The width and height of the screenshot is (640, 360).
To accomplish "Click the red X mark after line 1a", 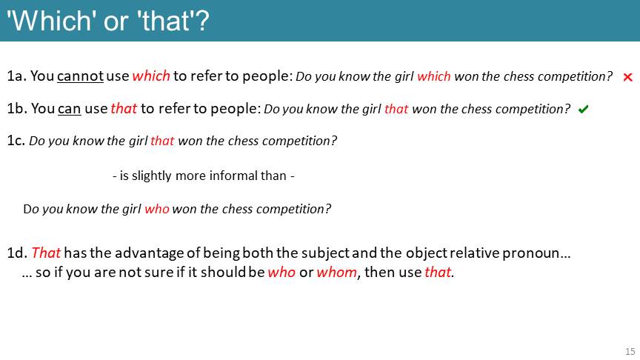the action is [627, 77].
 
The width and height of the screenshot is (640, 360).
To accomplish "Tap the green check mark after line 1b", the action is [583, 109].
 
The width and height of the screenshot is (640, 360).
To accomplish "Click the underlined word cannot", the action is [81, 76].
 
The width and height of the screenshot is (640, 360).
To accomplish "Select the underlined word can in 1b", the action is [70, 109].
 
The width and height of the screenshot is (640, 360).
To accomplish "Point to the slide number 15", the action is [630, 351].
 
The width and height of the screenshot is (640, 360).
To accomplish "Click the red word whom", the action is [337, 272].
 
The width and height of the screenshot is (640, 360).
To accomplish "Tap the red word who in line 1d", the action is [281, 272].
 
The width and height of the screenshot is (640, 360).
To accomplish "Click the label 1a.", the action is [17, 76].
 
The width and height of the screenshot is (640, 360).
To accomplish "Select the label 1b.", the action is [17, 109].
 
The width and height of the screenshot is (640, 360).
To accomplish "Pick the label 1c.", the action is [16, 141].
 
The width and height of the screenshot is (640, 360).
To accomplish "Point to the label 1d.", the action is [17, 253].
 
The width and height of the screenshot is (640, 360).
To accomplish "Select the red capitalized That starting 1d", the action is [46, 253].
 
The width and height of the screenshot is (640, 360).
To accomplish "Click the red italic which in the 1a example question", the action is [434, 76].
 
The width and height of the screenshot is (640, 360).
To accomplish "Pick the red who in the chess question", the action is [157, 209].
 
